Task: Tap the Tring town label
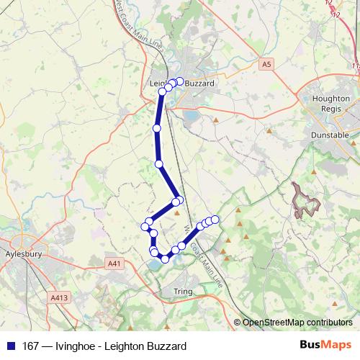coord(185,291)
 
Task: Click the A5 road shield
coord(267,65)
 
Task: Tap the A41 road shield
coord(114,264)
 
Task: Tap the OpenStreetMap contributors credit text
coord(297,323)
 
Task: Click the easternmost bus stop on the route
coord(215,219)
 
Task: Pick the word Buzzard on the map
coord(200,84)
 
